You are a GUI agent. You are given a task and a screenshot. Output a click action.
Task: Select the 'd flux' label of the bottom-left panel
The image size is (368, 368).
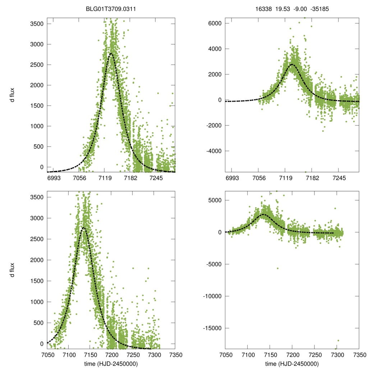[12, 270]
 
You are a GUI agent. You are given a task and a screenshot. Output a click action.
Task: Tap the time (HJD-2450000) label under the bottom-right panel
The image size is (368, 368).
[292, 364]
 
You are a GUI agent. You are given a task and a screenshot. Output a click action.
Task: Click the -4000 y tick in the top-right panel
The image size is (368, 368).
[213, 151]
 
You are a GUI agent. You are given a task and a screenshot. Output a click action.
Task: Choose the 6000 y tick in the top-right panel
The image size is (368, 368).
[213, 23]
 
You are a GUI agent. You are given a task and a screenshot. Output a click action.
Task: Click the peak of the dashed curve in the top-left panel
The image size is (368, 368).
[111, 54]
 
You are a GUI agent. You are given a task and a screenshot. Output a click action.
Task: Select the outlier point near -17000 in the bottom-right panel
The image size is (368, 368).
[338, 340]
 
